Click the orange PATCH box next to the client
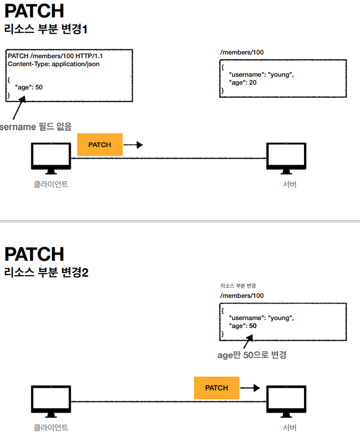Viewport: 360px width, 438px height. click(99, 145)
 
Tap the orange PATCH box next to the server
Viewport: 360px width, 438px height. click(217, 388)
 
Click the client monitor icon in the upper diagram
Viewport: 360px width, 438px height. click(51, 158)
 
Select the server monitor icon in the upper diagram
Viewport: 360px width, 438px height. click(286, 158)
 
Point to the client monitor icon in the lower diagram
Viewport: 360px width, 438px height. click(51, 401)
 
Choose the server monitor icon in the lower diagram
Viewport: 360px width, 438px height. click(286, 401)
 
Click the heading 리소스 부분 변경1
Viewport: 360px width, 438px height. click(46, 29)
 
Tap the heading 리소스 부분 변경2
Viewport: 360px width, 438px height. click(47, 272)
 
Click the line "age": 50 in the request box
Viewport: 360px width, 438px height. click(29, 87)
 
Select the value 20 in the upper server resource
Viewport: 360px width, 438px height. click(253, 83)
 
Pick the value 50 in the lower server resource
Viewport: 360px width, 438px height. click(253, 326)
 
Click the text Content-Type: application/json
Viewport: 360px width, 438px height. click(53, 64)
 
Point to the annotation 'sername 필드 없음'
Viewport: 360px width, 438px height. click(36, 126)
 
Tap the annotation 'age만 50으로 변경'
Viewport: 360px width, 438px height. click(252, 355)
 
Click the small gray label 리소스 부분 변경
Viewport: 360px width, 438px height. click(238, 286)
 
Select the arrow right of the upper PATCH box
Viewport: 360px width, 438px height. click(133, 145)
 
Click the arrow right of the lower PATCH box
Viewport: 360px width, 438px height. click(250, 388)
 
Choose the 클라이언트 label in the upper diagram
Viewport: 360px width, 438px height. click(51, 185)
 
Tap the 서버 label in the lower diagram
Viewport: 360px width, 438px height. click(290, 427)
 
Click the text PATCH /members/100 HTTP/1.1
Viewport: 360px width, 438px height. click(56, 56)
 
